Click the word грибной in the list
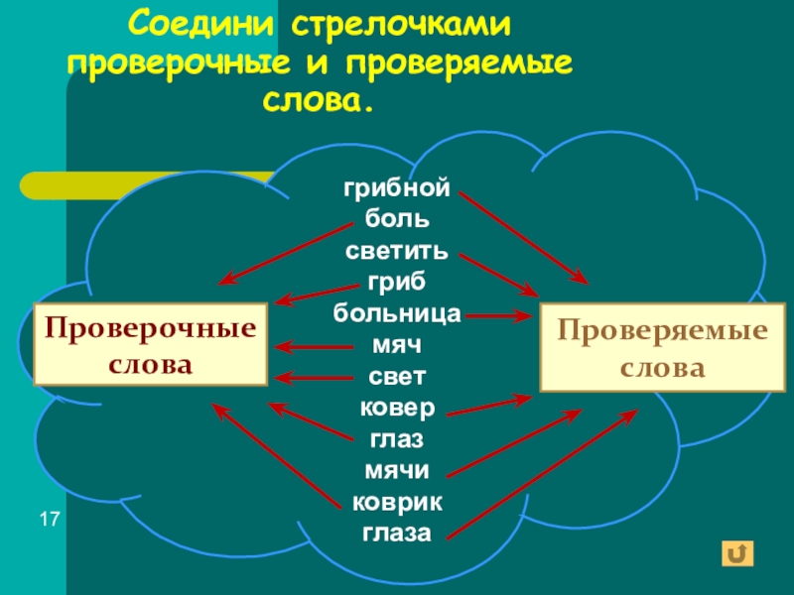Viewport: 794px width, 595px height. point(397,187)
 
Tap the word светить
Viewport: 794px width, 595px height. point(397,250)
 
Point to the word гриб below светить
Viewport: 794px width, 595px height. point(397,282)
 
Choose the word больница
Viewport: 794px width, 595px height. point(397,314)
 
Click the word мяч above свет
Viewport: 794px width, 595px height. point(397,346)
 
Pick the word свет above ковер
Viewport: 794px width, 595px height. point(397,377)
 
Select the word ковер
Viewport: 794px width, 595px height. point(397,409)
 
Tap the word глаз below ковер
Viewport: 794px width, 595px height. point(397,439)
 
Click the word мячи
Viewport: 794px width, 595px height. point(397,471)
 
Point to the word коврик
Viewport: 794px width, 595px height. point(397,502)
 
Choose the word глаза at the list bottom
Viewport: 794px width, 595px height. point(397,534)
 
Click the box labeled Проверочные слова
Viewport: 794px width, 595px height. point(151,344)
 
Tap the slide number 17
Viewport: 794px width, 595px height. point(50,520)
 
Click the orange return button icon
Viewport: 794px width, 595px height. point(740,552)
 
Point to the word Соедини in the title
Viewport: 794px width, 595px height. point(204,22)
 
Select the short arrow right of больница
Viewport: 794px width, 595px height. point(498,316)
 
